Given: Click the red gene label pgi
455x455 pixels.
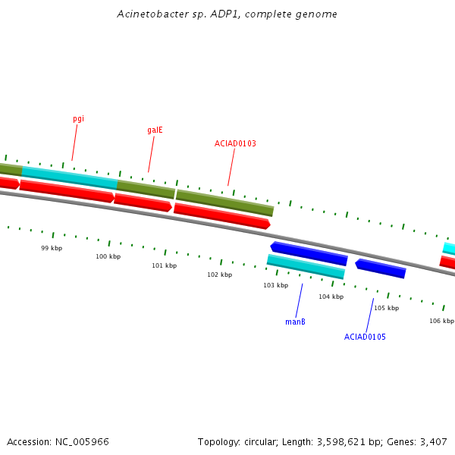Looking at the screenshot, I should point(78,119).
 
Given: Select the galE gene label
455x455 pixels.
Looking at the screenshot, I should point(155,130).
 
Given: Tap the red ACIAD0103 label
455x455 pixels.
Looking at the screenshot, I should point(235,143).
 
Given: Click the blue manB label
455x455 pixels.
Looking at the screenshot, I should point(295,322).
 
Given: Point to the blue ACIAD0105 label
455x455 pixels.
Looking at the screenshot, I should point(365,337).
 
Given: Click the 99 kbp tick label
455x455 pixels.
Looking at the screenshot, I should point(52,248).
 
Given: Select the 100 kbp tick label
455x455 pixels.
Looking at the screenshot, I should point(108,256).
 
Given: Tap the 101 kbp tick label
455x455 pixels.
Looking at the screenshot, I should point(164,265).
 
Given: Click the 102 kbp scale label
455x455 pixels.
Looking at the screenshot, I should point(219,275).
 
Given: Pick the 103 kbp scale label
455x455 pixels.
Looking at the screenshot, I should point(275,285).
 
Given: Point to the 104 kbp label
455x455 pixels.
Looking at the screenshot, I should point(331,297).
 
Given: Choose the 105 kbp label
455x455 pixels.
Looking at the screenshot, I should point(386,308).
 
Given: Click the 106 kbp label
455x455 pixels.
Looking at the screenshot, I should point(441,321).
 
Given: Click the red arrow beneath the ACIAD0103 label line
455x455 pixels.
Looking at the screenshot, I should point(221,215).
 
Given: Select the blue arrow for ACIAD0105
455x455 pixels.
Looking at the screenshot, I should point(381,268).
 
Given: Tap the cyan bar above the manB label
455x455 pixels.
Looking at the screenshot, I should point(306,266).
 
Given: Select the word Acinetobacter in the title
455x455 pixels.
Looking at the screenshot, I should point(149,14).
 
